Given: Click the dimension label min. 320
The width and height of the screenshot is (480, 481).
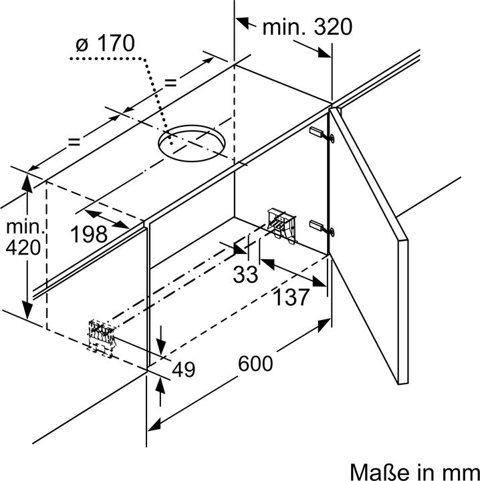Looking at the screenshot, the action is [308, 27].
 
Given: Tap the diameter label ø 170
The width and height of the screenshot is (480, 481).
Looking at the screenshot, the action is [105, 43].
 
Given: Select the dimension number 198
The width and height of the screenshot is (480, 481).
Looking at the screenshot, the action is [89, 234].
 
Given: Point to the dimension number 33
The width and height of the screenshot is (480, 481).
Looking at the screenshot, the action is [245, 275].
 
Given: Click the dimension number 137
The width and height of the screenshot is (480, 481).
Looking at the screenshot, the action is [291, 297].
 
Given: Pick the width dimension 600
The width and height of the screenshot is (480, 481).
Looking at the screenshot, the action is [255, 363].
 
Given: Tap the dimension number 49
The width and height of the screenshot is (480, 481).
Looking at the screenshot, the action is [183, 369].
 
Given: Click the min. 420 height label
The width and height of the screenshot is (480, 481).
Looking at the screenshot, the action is [23, 236].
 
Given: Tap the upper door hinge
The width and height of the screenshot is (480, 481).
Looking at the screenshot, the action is [322, 134].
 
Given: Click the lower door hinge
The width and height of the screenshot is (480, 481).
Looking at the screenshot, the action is [322, 228].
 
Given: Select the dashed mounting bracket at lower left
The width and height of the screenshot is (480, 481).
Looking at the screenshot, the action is [102, 338].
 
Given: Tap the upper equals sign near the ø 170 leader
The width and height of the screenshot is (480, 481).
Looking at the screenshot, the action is [170, 82].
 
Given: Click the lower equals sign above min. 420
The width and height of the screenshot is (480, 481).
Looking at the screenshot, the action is [74, 142].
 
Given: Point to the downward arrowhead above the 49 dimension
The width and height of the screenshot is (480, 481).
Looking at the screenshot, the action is [160, 347].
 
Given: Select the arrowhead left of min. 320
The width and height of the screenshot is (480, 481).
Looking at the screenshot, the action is [244, 23].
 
